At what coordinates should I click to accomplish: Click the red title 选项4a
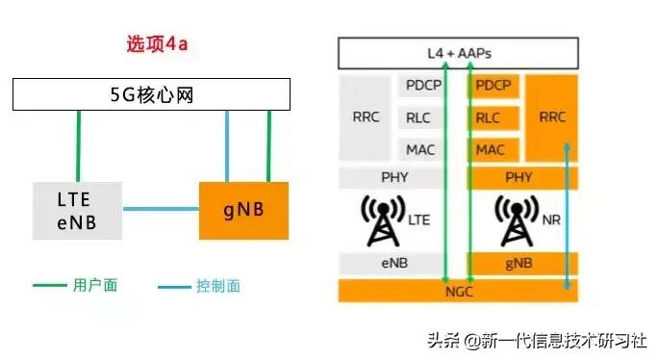tap(159, 44)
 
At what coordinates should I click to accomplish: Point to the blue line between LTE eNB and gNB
tap(161, 209)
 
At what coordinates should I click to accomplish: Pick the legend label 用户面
tap(94, 285)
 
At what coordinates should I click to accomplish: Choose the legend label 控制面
tap(217, 285)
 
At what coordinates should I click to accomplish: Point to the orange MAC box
tap(491, 150)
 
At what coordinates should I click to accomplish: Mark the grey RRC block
tap(367, 117)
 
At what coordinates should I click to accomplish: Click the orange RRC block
tap(552, 117)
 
